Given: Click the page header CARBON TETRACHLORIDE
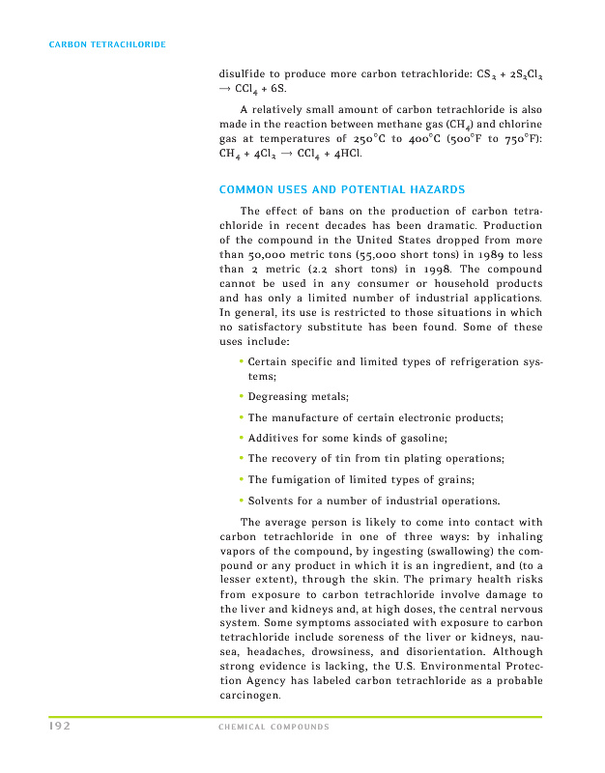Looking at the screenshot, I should pos(107,44).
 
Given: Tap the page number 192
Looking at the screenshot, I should pos(61,726).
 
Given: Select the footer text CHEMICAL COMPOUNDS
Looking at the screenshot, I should pos(274,727).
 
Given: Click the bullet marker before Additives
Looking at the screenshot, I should pos(241,438).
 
